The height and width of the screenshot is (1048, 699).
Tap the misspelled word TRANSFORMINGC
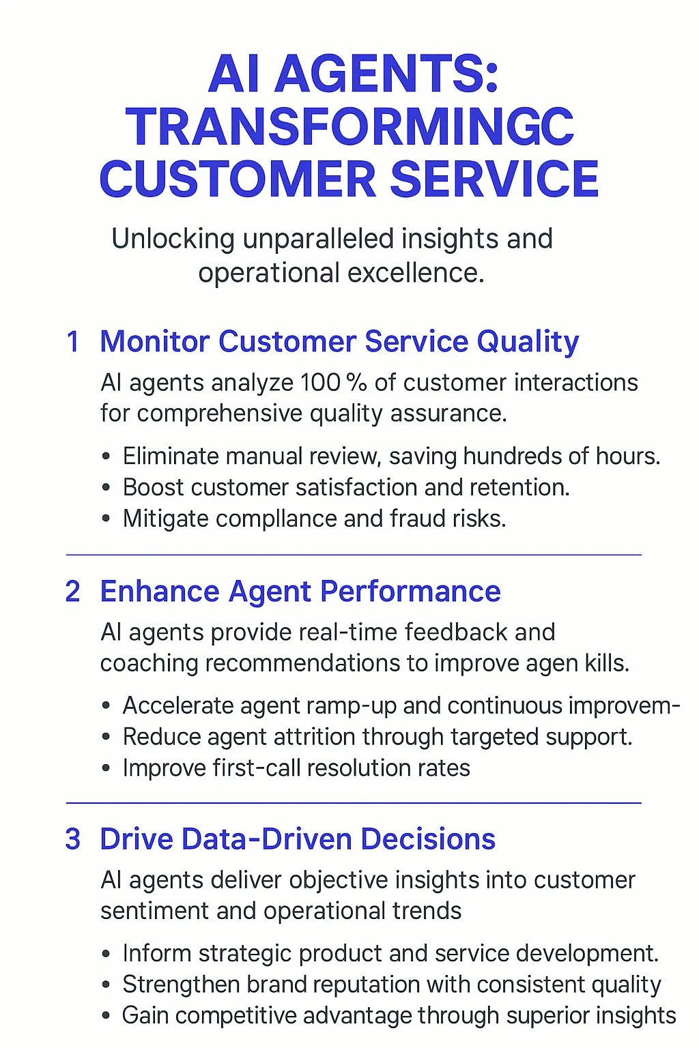click(x=349, y=127)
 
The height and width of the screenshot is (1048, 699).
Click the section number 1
click(x=73, y=342)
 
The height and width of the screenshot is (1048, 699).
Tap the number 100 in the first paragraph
click(x=320, y=383)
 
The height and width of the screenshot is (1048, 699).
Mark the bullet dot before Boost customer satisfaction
click(x=106, y=488)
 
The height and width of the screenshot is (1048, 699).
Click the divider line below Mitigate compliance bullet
click(x=354, y=555)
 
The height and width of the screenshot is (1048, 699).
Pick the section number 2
click(x=73, y=592)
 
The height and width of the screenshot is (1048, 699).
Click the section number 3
click(x=73, y=839)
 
